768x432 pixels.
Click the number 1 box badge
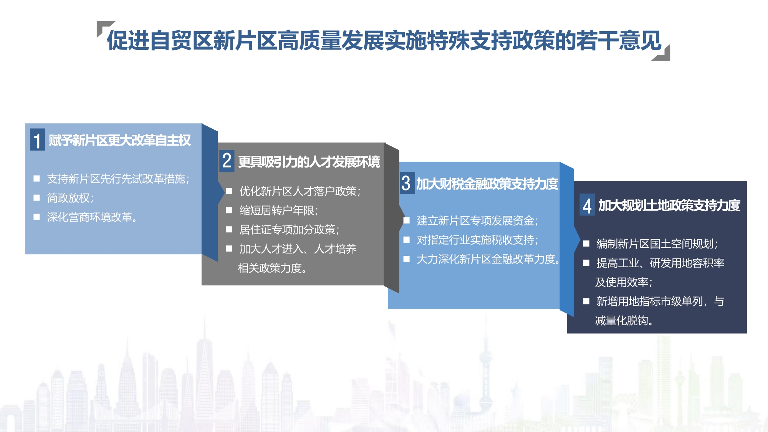click(x=38, y=140)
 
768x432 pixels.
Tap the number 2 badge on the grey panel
click(x=227, y=161)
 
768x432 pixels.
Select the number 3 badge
click(x=406, y=183)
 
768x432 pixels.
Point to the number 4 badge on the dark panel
click(x=587, y=205)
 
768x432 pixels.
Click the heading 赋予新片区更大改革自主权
click(x=120, y=141)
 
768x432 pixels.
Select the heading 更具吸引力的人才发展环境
click(x=309, y=162)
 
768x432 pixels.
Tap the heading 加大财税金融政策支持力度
click(x=487, y=184)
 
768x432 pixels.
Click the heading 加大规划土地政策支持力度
click(x=669, y=206)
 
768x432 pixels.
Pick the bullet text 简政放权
click(x=68, y=198)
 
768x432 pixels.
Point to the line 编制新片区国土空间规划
click(x=655, y=244)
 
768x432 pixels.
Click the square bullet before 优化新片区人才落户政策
click(x=229, y=191)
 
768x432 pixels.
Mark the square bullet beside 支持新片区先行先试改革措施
click(x=37, y=178)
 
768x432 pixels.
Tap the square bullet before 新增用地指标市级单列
click(x=586, y=301)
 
